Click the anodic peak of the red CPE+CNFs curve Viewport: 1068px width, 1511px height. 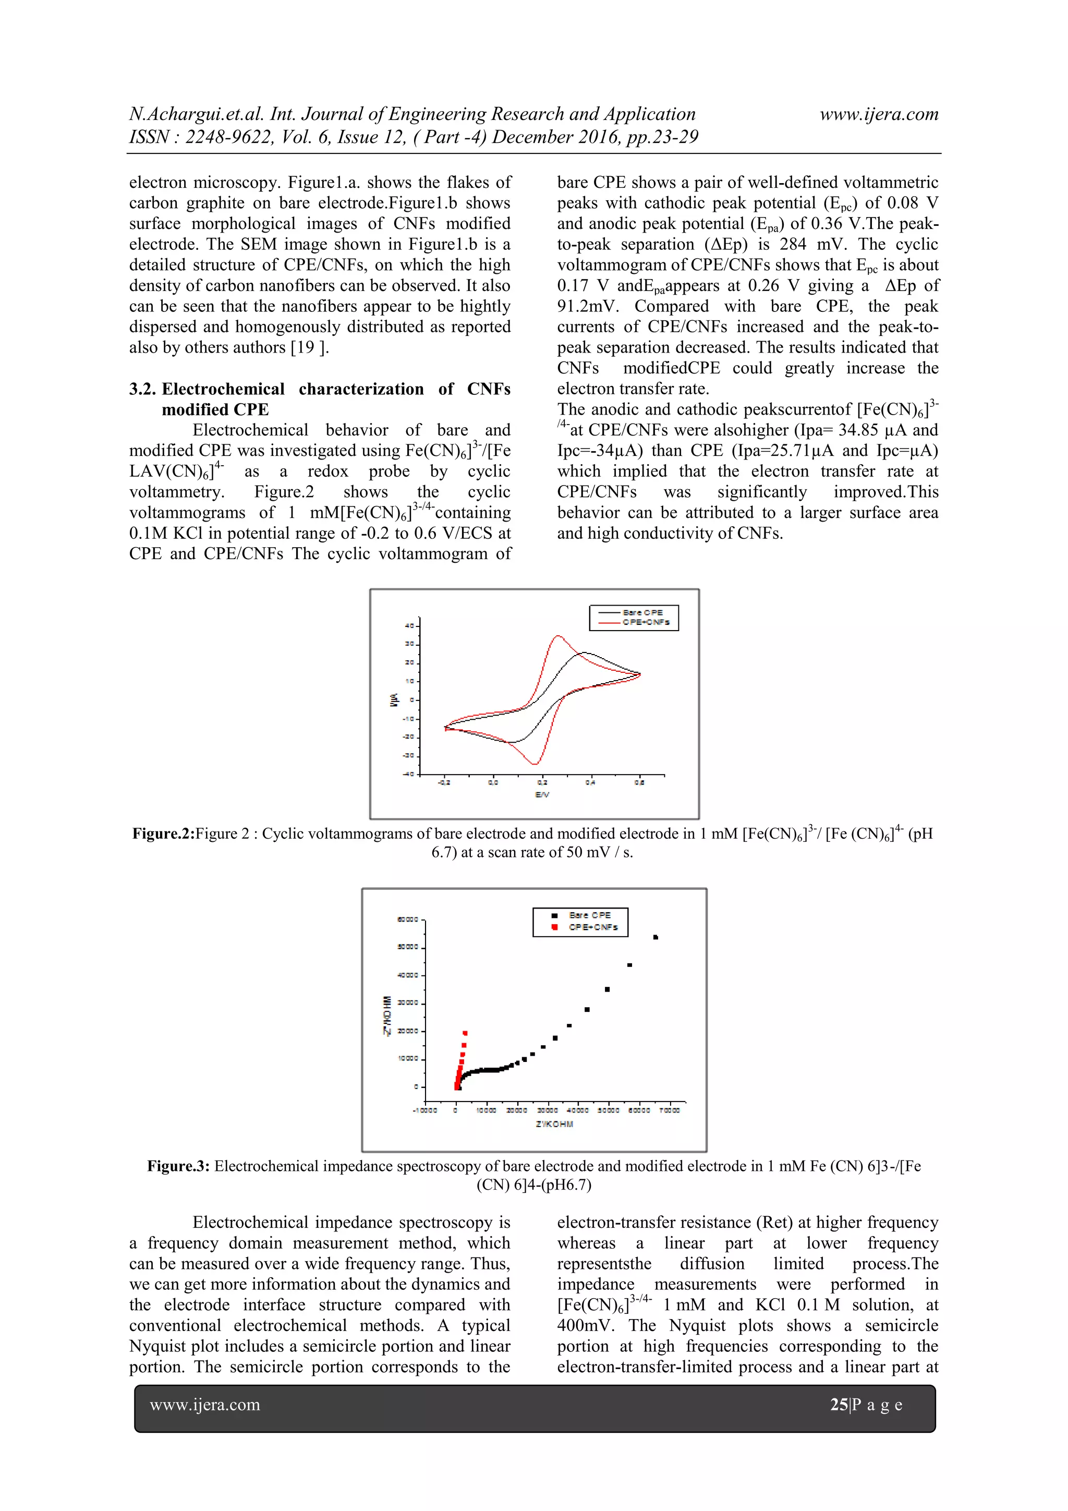pyautogui.click(x=558, y=636)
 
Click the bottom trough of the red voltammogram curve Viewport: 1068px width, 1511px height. pyautogui.click(x=536, y=764)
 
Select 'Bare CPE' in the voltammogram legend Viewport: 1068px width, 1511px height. pyautogui.click(x=642, y=612)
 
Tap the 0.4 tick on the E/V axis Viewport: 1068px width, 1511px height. pyautogui.click(x=590, y=782)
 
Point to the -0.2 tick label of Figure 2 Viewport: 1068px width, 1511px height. pyautogui.click(x=444, y=782)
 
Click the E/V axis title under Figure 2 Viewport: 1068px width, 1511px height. pyautogui.click(x=542, y=794)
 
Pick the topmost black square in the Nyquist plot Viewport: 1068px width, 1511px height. pyautogui.click(x=656, y=937)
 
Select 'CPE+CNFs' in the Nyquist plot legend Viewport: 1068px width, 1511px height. pyautogui.click(x=593, y=927)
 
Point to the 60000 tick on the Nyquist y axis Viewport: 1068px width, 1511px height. pyautogui.click(x=407, y=920)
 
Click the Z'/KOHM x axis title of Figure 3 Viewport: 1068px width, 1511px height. pyautogui.click(x=554, y=1124)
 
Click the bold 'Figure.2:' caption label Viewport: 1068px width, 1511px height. pyautogui.click(x=163, y=834)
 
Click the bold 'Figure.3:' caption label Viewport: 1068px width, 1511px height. pyautogui.click(x=178, y=1166)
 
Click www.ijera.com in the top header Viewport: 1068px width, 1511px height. pyautogui.click(x=879, y=114)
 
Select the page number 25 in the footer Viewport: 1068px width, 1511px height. pyautogui.click(x=839, y=1405)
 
